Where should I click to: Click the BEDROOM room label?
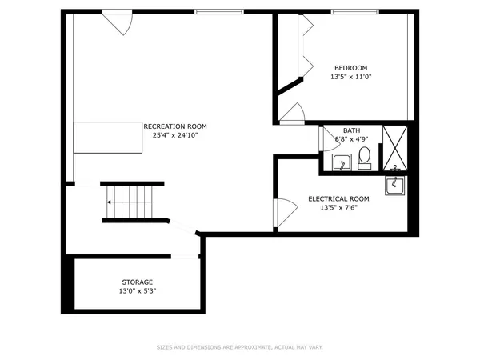click(x=350, y=67)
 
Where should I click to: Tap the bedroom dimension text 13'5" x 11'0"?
click(x=350, y=77)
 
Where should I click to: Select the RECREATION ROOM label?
click(x=175, y=126)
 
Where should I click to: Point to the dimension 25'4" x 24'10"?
click(x=175, y=136)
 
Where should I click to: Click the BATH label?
click(x=351, y=130)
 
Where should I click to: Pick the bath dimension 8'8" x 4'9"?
click(x=351, y=139)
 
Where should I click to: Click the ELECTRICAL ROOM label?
click(x=339, y=198)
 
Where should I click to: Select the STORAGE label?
click(x=138, y=282)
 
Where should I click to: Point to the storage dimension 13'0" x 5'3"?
click(x=138, y=291)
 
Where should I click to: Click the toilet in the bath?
click(x=364, y=157)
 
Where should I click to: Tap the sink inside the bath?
click(x=342, y=163)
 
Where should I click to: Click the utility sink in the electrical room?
click(x=396, y=185)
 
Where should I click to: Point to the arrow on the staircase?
click(x=110, y=203)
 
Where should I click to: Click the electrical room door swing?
click(x=282, y=212)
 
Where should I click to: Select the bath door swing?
click(x=328, y=139)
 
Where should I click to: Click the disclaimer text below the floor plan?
click(x=239, y=347)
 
